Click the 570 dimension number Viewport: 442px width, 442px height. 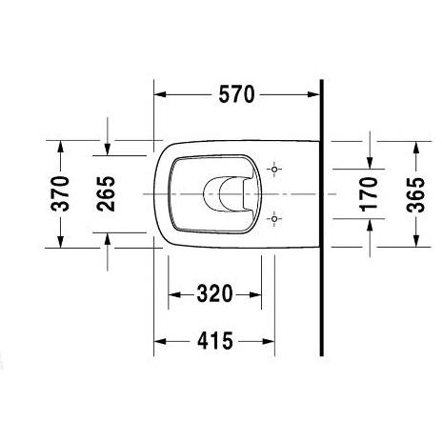(236, 94)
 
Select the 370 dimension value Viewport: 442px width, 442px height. (60, 193)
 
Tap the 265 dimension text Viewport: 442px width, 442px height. (106, 193)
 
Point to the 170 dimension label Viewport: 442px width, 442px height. (369, 194)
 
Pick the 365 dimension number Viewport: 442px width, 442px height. (415, 194)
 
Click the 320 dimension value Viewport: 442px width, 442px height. (214, 294)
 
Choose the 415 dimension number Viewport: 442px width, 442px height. (215, 341)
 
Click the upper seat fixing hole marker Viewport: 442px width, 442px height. (274, 169)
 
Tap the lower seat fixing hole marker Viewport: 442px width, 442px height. (274, 218)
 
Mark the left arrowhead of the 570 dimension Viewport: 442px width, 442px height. (160, 94)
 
